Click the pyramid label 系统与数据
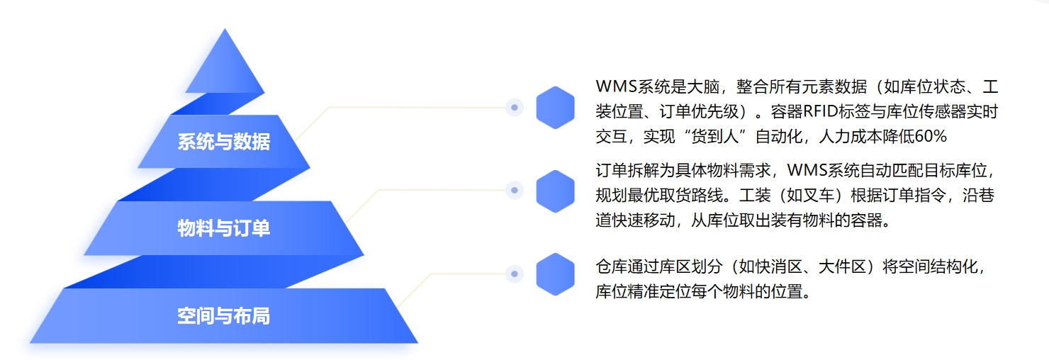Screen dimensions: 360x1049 pos(223,142)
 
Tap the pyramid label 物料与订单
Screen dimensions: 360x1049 pos(223,228)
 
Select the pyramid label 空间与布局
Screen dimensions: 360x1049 pos(223,315)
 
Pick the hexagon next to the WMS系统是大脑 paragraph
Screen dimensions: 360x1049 pos(555,108)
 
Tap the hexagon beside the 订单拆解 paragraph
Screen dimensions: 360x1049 pos(555,191)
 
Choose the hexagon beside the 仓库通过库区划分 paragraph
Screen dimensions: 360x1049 pos(555,274)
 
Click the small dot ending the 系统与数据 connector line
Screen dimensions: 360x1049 pos(515,108)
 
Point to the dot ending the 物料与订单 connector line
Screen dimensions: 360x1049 pos(515,190)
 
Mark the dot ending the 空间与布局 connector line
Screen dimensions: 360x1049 pos(515,274)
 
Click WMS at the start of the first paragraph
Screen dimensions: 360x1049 pos(614,86)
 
